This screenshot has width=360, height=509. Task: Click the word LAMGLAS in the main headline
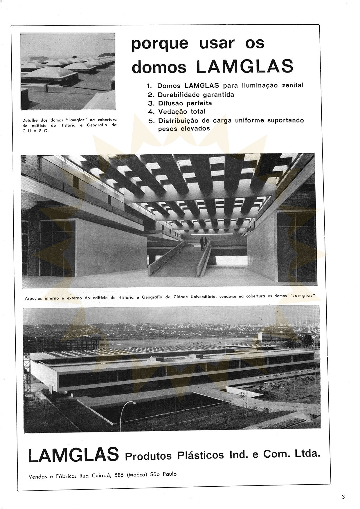click(245, 66)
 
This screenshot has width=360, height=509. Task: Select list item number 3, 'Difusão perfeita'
click(185, 103)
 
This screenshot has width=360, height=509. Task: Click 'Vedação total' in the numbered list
click(182, 112)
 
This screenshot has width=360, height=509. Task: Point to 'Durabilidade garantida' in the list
click(196, 95)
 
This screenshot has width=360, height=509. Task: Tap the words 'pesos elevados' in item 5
click(184, 129)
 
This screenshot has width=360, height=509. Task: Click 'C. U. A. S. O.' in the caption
click(36, 131)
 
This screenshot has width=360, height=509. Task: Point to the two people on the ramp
click(204, 243)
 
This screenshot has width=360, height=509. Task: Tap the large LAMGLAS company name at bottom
click(74, 455)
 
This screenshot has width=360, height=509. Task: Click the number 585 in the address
click(119, 475)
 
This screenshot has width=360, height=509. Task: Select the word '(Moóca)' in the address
click(137, 475)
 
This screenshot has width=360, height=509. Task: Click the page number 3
click(343, 497)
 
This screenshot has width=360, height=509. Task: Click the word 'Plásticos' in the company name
click(201, 455)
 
